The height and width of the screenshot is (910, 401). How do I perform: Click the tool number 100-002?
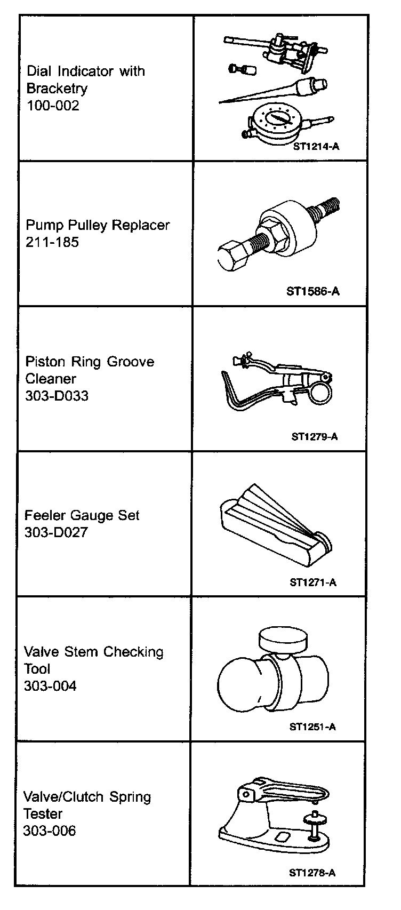click(53, 106)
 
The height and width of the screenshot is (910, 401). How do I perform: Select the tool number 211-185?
click(52, 242)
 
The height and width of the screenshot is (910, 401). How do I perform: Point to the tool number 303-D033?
click(57, 396)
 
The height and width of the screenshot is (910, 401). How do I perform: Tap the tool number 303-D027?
click(56, 532)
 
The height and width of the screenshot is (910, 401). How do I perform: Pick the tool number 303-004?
click(50, 686)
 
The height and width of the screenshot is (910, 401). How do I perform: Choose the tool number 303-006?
click(50, 831)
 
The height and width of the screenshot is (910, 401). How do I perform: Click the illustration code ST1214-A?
click(316, 146)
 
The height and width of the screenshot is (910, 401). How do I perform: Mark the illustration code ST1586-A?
click(312, 291)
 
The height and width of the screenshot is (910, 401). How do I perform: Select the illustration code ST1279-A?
click(315, 436)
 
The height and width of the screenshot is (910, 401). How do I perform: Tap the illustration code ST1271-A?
click(313, 582)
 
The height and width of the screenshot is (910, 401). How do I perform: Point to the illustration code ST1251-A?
click(312, 727)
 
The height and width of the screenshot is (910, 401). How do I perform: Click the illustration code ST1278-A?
click(312, 873)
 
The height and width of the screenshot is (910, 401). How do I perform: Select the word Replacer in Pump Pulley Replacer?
click(143, 225)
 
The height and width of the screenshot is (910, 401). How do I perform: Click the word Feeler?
click(43, 515)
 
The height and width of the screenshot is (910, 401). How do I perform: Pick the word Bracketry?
click(57, 89)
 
